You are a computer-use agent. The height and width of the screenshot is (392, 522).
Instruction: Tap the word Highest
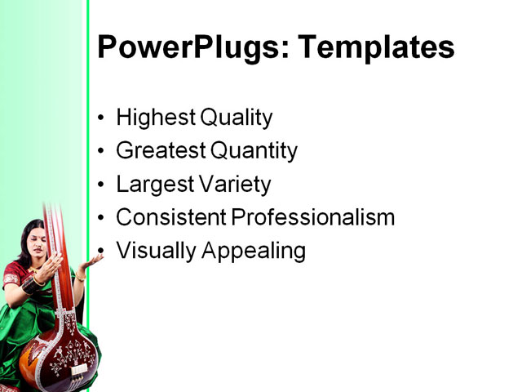pos(155,118)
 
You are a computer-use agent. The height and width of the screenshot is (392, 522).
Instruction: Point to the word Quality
pos(237,118)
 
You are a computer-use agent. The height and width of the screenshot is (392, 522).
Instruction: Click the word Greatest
pos(161,151)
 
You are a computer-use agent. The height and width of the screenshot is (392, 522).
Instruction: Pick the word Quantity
pos(254,151)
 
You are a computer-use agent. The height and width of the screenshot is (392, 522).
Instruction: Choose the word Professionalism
pos(313,218)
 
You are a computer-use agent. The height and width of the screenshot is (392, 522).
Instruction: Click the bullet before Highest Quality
pos(101,118)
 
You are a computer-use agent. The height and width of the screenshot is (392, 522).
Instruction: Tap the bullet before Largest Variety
pos(101,185)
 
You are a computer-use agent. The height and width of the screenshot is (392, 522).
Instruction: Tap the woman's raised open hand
pos(93,261)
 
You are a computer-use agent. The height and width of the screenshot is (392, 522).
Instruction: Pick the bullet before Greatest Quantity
pos(101,152)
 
